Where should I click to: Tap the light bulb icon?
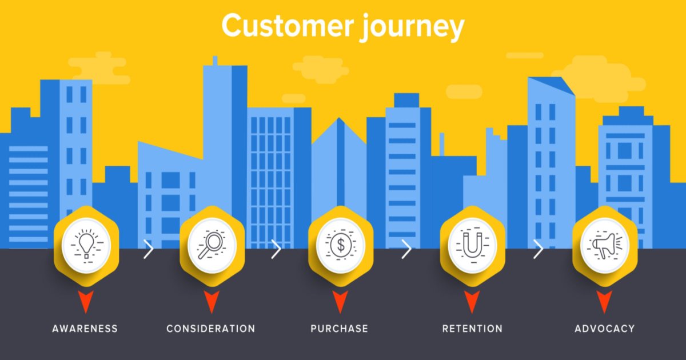tap(86, 246)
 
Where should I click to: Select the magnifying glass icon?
tap(212, 246)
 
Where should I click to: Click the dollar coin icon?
tap(341, 245)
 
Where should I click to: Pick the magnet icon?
tap(473, 246)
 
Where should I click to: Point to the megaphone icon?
tap(605, 246)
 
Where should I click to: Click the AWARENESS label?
tap(85, 329)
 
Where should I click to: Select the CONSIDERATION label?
tap(211, 329)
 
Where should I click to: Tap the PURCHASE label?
tap(340, 329)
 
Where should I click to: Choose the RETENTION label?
tap(472, 329)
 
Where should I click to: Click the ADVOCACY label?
tap(605, 329)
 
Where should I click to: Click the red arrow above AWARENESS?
tap(86, 301)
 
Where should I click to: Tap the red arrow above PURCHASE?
tap(340, 301)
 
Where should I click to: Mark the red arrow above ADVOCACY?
tap(604, 301)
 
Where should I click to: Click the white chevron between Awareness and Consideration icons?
tap(149, 249)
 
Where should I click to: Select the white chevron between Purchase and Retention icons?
tap(406, 249)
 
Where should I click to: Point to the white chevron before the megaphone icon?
tap(539, 249)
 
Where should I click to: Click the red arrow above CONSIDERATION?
tap(212, 301)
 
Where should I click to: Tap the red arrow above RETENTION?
tap(472, 301)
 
